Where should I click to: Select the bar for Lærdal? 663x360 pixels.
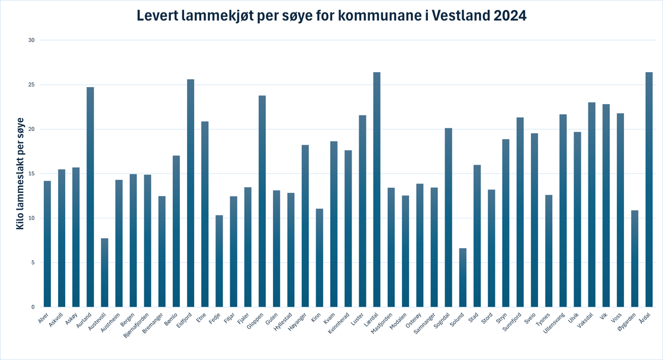[377, 189]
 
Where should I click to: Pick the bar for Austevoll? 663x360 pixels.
[105, 272]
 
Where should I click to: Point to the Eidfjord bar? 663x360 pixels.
[191, 193]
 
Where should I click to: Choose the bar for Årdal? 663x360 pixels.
[649, 189]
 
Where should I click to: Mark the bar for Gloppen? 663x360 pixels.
[262, 201]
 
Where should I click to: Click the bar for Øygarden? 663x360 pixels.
[635, 258]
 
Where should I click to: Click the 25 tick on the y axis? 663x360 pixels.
[32, 85]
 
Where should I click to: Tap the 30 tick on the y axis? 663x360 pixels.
[32, 40]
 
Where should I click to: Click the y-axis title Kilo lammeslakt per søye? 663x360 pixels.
[20, 182]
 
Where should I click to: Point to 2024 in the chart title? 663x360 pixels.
[508, 16]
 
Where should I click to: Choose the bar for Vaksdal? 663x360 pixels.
[591, 204]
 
